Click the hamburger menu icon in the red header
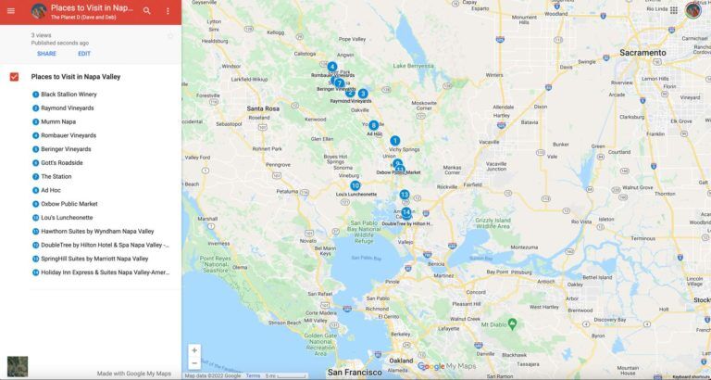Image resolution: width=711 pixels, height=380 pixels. point(11,10)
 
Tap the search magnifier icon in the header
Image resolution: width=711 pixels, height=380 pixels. point(147,10)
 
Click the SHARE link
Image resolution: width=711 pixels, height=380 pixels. point(46,54)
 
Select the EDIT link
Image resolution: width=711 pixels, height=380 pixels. point(84,54)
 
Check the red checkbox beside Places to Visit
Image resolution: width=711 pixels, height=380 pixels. point(14,77)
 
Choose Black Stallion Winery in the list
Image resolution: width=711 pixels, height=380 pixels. point(69,95)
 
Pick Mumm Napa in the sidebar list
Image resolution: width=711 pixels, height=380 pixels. point(58,121)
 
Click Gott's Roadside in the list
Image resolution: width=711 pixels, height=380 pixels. point(61,163)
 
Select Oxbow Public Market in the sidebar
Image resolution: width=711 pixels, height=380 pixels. point(69,204)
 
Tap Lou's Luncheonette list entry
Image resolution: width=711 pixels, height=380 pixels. point(67,218)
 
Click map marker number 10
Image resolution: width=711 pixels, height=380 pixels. point(355,185)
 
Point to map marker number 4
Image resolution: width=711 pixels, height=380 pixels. point(332,67)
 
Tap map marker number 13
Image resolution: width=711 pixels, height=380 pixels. point(405,195)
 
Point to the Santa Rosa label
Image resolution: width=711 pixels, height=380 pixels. point(263,108)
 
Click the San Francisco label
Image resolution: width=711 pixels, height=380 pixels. point(355,372)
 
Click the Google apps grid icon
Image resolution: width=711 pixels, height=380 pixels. point(673,10)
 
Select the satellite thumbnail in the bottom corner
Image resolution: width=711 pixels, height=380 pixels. point(17,366)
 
